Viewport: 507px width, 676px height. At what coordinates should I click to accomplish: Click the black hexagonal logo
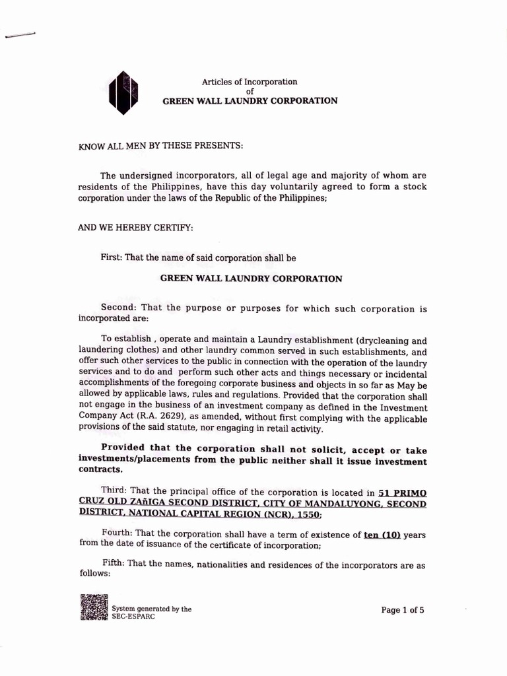pos(123,92)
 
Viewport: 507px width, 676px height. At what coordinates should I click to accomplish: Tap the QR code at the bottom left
pos(94,608)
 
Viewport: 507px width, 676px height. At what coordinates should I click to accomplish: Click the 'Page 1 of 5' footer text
pos(403,611)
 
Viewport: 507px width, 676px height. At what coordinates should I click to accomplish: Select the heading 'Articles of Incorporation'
pos(250,82)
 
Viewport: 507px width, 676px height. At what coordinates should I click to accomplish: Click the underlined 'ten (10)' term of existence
pos(382,534)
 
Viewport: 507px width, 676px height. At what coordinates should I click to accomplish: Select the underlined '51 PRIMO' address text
pos(402,492)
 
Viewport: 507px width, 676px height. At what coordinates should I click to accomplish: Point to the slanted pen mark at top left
pos(20,36)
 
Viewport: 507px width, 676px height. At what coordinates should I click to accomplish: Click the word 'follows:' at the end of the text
pos(94,573)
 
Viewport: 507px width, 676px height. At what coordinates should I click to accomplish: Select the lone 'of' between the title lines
pos(250,91)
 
